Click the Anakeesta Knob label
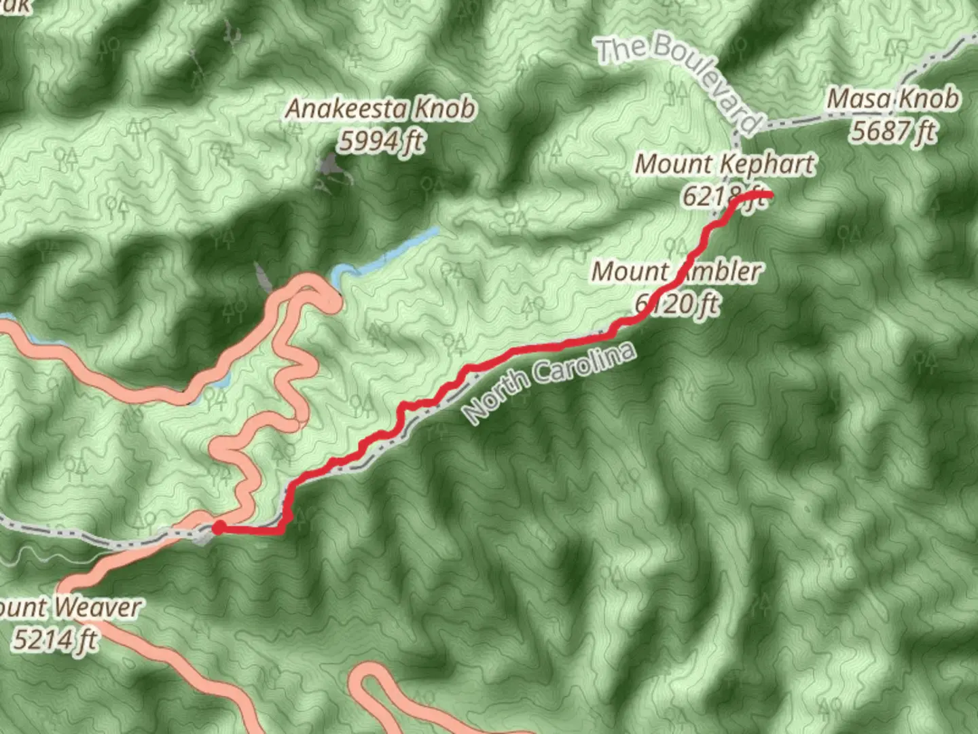point(380,109)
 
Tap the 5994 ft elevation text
point(382,142)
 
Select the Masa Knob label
point(893,99)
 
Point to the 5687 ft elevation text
point(893,130)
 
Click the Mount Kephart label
point(724,164)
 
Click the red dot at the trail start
point(219,527)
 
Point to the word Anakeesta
point(346,109)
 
